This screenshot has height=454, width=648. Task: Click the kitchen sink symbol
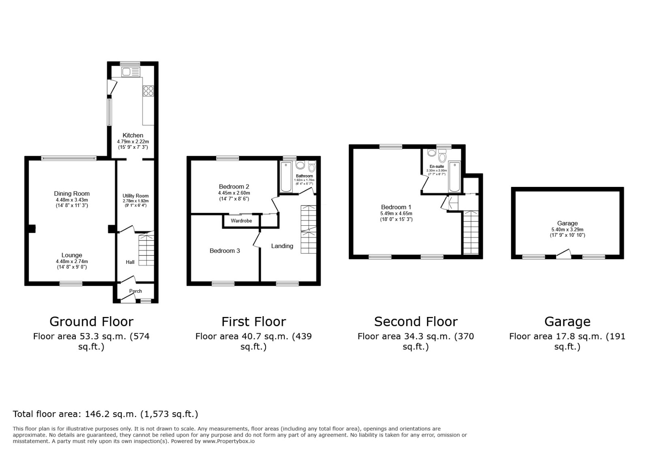tap(130, 72)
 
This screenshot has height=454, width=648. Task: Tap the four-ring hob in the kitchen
tap(148, 91)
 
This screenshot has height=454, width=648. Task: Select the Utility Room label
tap(136, 196)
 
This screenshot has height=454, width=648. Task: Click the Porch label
tap(136, 291)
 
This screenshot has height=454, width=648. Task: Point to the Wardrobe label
tap(241, 221)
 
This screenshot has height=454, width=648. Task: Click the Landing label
tap(282, 246)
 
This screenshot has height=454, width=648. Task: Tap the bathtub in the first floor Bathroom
tap(286, 177)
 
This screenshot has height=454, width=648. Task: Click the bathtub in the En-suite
tap(454, 177)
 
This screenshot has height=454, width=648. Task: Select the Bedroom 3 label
tap(225, 251)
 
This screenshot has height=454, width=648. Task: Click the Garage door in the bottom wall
tap(563, 255)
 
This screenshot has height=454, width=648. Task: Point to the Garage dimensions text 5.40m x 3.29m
tap(567, 229)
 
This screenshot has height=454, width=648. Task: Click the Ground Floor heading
tap(91, 322)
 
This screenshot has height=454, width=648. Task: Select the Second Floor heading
tap(416, 322)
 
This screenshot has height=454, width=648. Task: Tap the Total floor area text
tap(105, 414)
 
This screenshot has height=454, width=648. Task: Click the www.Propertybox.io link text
tap(228, 441)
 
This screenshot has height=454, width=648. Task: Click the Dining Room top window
tap(68, 158)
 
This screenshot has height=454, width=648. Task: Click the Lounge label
tap(72, 255)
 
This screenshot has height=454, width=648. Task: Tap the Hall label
tap(130, 262)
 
